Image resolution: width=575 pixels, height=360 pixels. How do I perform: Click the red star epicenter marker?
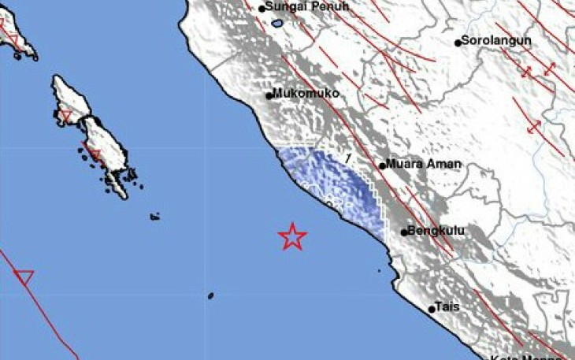292,236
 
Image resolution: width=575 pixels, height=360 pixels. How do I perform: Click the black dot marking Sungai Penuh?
263,9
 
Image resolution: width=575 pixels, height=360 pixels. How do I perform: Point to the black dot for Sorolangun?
458,43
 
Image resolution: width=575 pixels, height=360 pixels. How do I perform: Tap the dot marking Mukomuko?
269,96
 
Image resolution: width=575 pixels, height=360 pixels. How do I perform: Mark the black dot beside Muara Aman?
382,166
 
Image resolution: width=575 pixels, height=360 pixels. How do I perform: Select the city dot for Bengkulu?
404,232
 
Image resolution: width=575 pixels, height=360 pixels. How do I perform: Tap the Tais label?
450,306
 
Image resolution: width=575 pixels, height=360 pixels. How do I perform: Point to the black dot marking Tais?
432,310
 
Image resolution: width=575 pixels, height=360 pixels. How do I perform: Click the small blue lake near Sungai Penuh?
276,24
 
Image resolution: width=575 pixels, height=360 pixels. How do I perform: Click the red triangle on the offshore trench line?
24,276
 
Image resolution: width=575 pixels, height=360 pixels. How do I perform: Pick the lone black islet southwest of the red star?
211,296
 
